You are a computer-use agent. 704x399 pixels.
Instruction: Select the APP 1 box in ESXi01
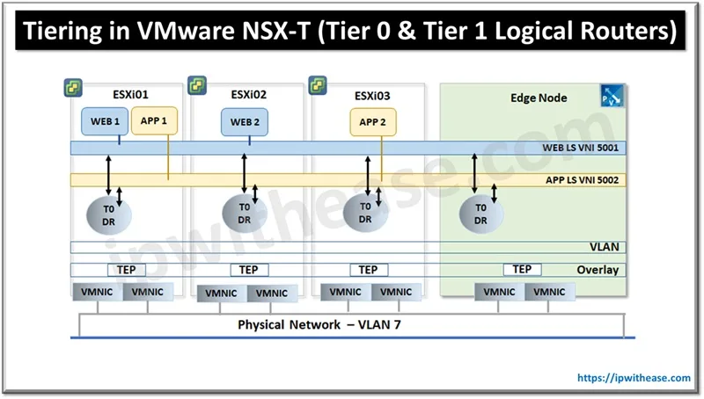[x=154, y=121]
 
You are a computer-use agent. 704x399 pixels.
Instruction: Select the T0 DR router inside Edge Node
[x=480, y=214]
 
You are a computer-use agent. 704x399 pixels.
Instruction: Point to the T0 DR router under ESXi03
[x=364, y=214]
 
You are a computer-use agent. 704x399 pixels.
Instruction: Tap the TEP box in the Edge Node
[x=522, y=269]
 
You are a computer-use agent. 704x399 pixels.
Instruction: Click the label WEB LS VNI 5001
[x=580, y=149]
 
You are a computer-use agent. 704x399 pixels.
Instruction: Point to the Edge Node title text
[x=539, y=98]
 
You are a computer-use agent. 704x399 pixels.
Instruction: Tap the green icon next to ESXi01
[x=71, y=88]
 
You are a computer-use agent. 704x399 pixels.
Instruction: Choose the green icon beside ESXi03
[x=318, y=85]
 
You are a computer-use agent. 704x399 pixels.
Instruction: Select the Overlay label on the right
[x=598, y=270]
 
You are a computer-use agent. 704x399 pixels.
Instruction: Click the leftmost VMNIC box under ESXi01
[x=96, y=292]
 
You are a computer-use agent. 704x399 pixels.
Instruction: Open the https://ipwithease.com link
[x=634, y=377]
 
